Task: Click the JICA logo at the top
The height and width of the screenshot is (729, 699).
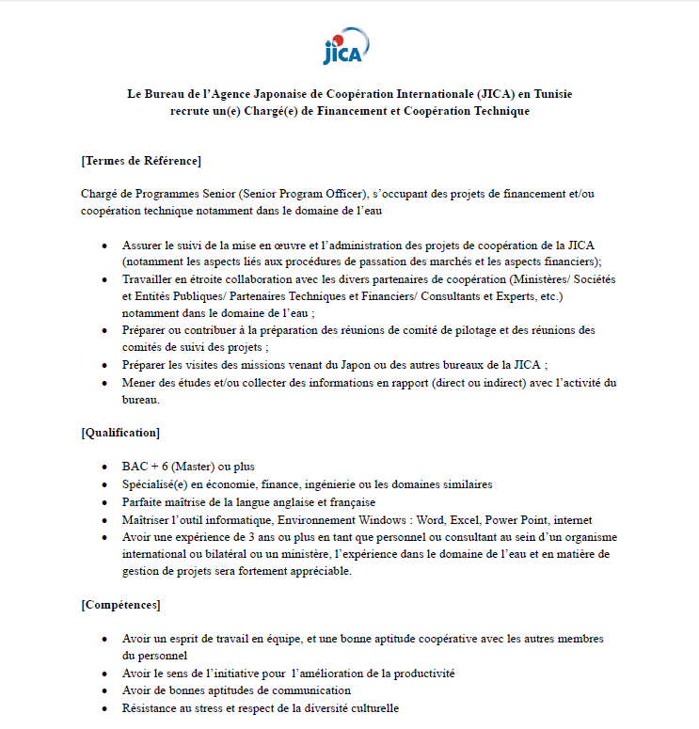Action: [x=346, y=46]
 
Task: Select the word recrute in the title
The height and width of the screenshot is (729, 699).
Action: [x=191, y=111]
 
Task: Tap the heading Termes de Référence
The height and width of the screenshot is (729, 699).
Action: [x=141, y=160]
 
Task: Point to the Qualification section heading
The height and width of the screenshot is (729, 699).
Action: [x=120, y=433]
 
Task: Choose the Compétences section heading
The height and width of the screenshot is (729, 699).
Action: [x=120, y=604]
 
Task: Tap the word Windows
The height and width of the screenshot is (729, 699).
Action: [x=377, y=519]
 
